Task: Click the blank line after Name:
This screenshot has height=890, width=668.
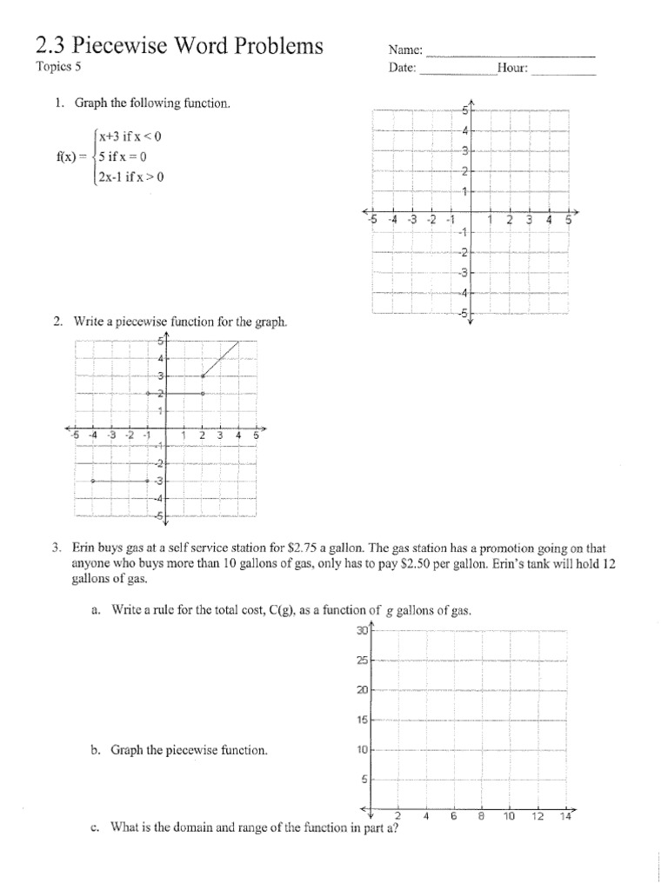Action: (x=511, y=54)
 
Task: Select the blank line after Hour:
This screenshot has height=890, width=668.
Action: (x=563, y=71)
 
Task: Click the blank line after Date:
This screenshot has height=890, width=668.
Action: (x=457, y=71)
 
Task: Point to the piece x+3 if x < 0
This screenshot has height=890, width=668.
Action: (x=130, y=136)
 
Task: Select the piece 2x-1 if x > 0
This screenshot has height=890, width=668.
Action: (x=130, y=177)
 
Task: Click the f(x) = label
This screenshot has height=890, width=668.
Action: (x=70, y=157)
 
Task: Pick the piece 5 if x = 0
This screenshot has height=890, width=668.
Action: (x=123, y=157)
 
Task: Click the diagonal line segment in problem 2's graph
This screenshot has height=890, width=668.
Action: (x=221, y=358)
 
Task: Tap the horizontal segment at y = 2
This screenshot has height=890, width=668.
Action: (x=176, y=394)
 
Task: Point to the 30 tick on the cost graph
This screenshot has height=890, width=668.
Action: (x=362, y=630)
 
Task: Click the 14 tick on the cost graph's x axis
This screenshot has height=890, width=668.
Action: (x=565, y=817)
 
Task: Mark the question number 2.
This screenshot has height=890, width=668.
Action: (x=57, y=322)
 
